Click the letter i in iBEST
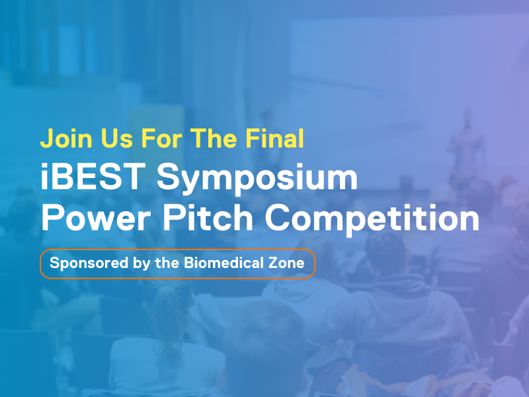(45, 179)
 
